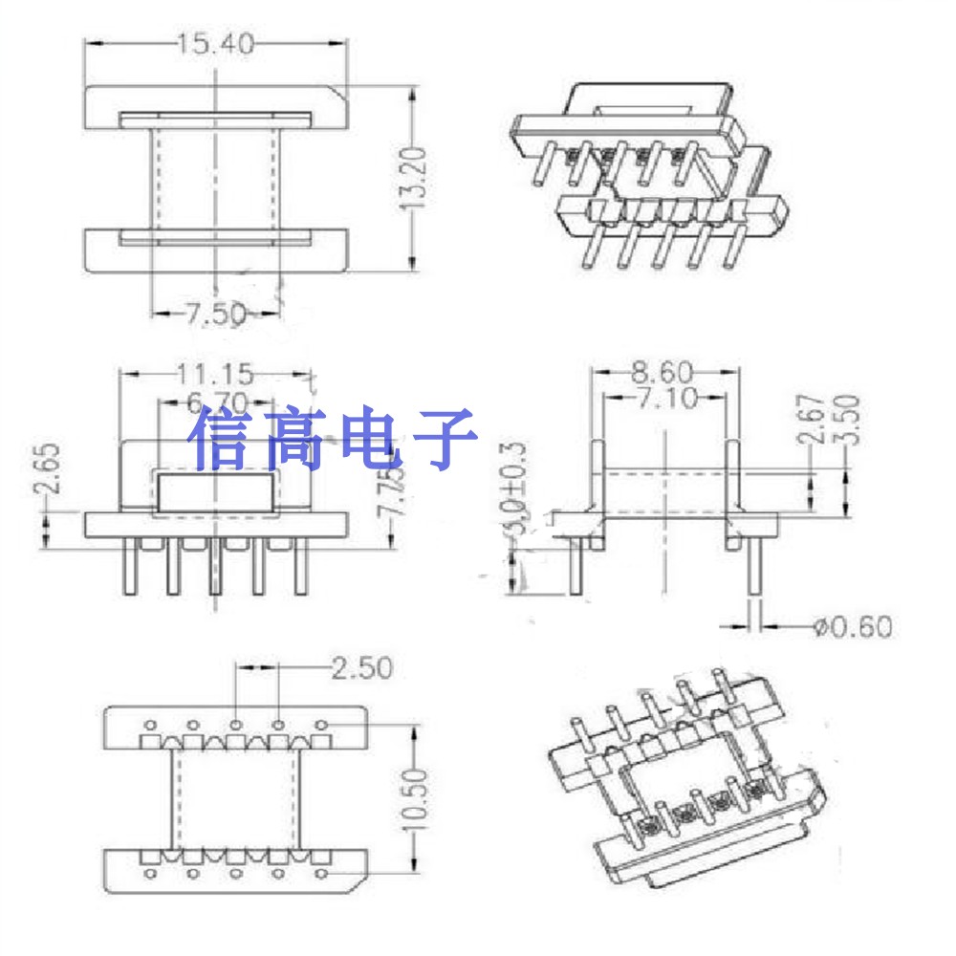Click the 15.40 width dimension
[215, 43]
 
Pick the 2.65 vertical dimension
[51, 469]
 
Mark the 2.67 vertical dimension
[812, 420]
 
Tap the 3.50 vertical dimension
[848, 417]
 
